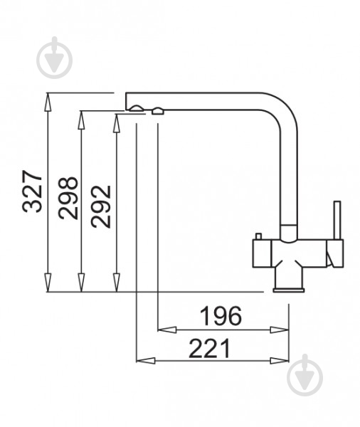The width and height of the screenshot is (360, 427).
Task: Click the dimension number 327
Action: click(x=33, y=191)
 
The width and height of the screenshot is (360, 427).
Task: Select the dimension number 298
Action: click(x=68, y=198)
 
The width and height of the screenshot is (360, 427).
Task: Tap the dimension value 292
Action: click(x=101, y=206)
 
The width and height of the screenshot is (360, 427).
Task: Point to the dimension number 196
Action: click(x=221, y=316)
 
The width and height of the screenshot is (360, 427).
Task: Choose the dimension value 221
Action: click(x=210, y=348)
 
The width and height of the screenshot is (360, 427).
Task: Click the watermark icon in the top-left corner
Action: click(x=55, y=58)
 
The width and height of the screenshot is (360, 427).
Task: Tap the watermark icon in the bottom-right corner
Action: click(x=305, y=375)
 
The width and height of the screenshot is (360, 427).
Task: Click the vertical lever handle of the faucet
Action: click(x=337, y=221)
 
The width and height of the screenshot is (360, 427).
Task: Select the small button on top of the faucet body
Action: click(x=258, y=236)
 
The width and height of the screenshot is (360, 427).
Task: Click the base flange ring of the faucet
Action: click(x=289, y=290)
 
